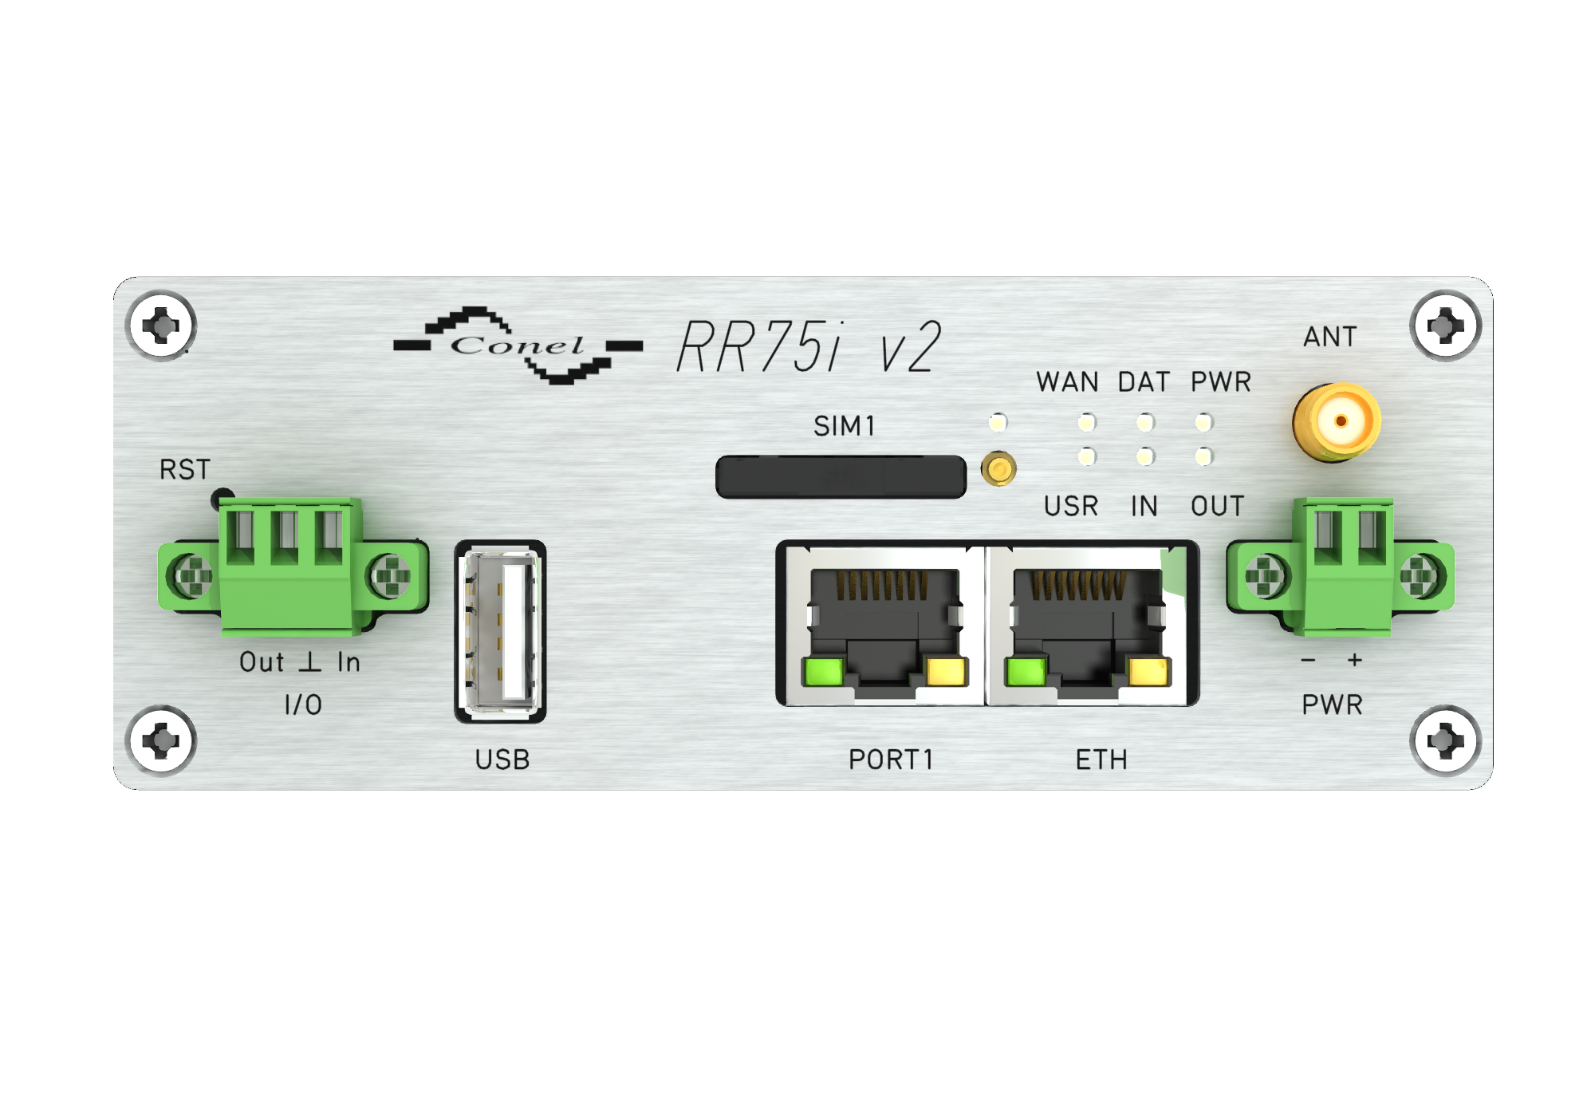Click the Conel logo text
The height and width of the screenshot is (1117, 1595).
point(517,345)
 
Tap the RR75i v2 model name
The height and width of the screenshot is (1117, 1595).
point(809,347)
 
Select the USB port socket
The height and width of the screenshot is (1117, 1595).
point(500,632)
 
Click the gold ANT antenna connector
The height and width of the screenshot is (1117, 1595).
point(1337,422)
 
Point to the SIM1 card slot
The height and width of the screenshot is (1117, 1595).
point(841,477)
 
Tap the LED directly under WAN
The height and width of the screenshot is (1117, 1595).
point(1086,422)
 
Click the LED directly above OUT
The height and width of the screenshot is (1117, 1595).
point(1203,456)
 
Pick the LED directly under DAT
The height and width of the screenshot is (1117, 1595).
point(1145,422)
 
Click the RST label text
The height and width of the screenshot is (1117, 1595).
point(184,469)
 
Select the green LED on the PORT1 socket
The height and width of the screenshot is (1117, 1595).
point(823,671)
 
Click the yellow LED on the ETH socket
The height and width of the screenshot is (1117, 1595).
point(1148,671)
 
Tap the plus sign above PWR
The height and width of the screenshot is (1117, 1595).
point(1354,660)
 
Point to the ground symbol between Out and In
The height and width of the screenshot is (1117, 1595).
point(309,661)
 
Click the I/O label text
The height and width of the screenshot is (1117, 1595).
point(303,705)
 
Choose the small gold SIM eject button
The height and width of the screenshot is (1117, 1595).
point(998,468)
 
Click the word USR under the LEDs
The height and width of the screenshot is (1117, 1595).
point(1071,506)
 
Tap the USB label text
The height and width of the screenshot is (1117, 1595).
point(502,760)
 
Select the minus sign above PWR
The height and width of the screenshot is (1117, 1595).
point(1308,660)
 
